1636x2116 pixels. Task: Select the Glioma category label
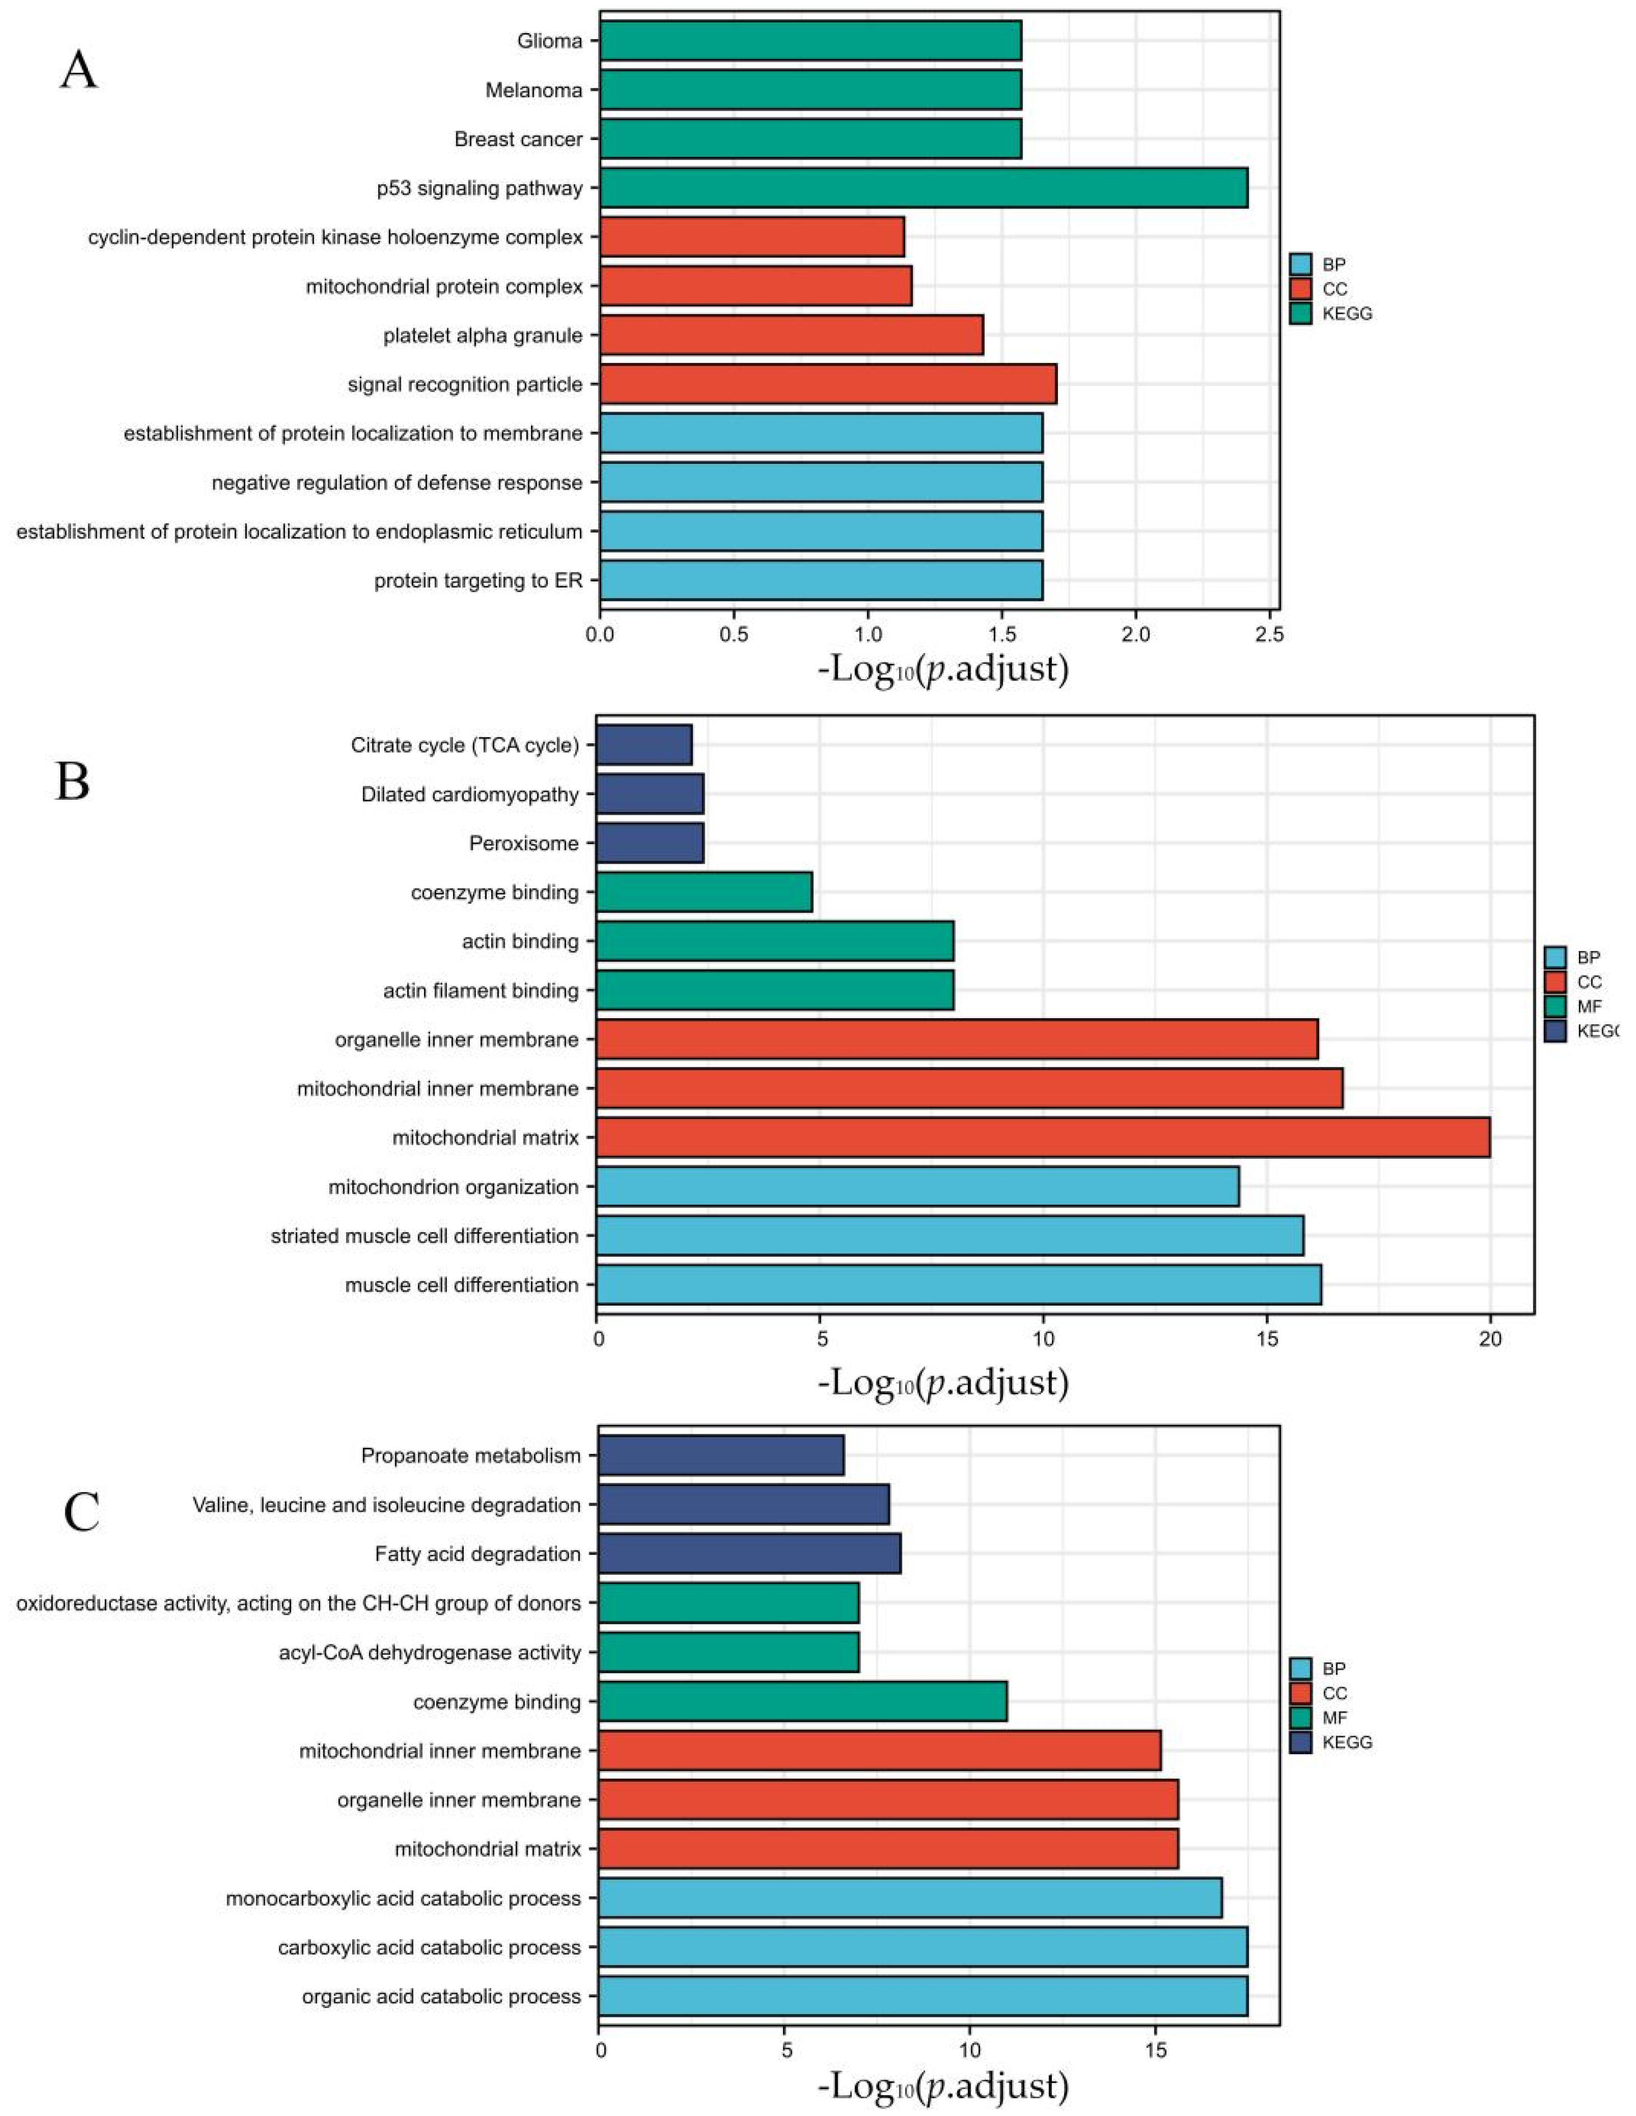click(549, 41)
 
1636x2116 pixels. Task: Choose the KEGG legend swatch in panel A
click(1301, 314)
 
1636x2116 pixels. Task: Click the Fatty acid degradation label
click(478, 1555)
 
